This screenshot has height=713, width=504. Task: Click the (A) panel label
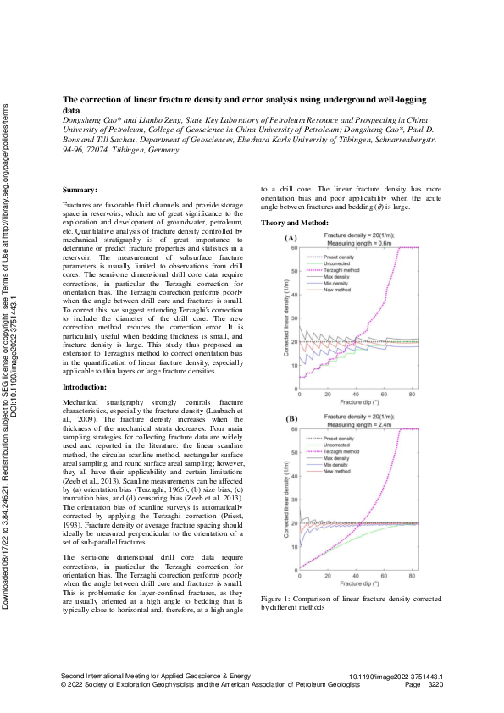click(291, 240)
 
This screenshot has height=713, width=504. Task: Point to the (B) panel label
click(291, 419)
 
